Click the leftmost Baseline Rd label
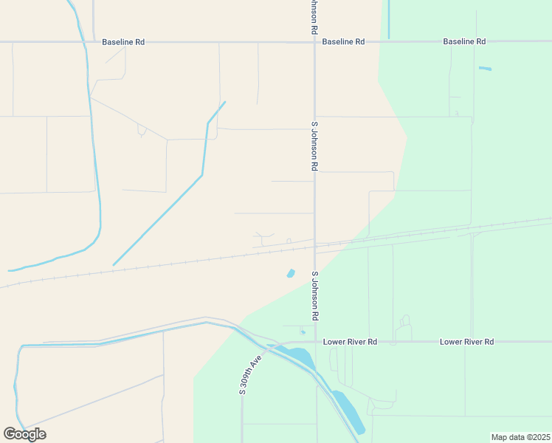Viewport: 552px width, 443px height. click(x=123, y=42)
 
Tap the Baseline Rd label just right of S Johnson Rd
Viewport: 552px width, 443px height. click(x=343, y=42)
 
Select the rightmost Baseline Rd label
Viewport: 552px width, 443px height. click(x=464, y=42)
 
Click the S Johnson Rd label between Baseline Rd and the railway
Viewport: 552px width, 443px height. click(x=314, y=146)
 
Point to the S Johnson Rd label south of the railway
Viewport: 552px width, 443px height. click(x=314, y=295)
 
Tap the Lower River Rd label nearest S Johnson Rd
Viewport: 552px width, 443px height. click(x=351, y=342)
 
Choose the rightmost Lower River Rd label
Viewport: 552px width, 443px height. click(x=466, y=342)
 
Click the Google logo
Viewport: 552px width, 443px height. click(x=24, y=434)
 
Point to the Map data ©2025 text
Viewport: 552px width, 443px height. click(x=520, y=437)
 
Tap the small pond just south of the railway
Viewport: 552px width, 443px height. click(x=291, y=274)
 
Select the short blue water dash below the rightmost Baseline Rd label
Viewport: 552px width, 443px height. click(x=485, y=69)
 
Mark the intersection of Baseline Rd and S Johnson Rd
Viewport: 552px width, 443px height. click(x=315, y=42)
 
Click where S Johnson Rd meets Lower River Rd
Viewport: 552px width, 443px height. click(x=316, y=342)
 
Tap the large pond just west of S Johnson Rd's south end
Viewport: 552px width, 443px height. click(x=298, y=356)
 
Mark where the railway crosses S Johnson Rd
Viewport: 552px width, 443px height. click(x=315, y=246)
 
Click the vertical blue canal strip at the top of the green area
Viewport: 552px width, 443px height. click(x=388, y=19)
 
